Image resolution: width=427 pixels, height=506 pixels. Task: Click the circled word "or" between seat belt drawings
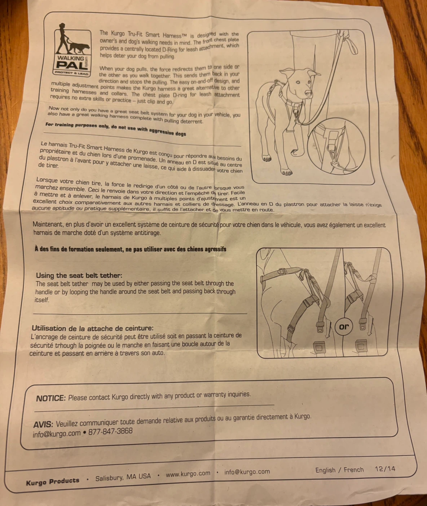pyautogui.click(x=344, y=327)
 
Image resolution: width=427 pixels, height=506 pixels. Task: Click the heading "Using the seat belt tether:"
pyautogui.click(x=79, y=275)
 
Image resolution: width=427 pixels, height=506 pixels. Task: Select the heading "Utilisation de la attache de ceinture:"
pyautogui.click(x=93, y=328)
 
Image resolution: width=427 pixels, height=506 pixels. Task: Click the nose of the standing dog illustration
pyautogui.click(x=308, y=92)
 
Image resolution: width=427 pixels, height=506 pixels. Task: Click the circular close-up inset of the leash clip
pyautogui.click(x=336, y=146)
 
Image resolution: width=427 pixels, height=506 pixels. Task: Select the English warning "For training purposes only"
pyautogui.click(x=115, y=129)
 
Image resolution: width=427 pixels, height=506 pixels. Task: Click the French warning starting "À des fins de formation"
pyautogui.click(x=130, y=249)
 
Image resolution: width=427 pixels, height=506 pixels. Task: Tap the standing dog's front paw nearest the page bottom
pyautogui.click(x=286, y=172)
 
